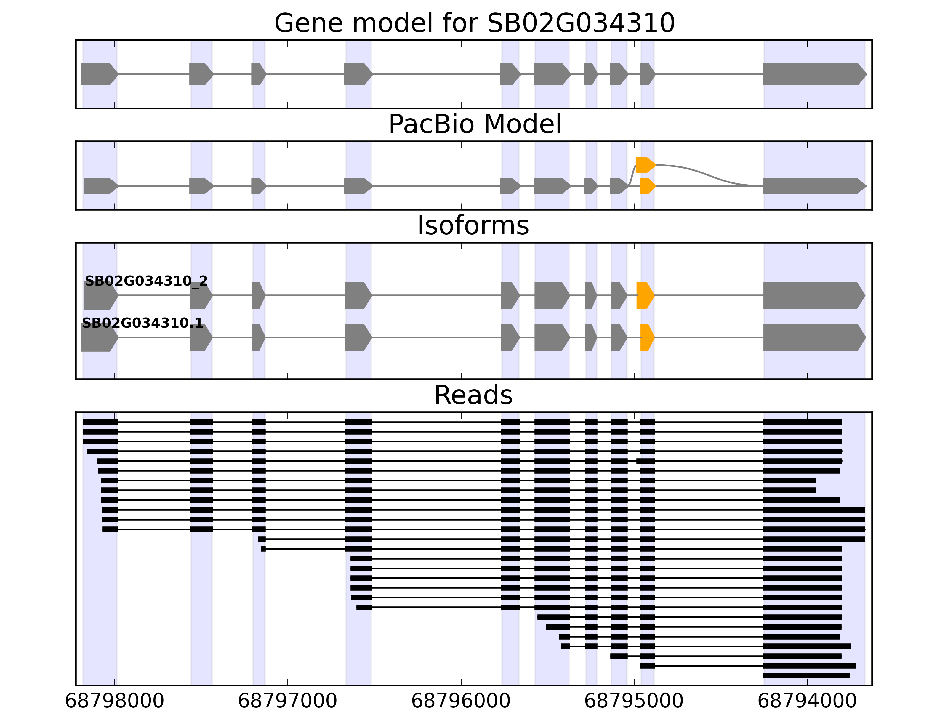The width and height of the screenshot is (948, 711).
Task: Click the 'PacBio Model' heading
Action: click(474, 124)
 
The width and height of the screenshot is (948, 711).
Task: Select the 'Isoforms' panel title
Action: click(473, 225)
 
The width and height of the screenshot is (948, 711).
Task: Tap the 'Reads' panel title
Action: click(473, 395)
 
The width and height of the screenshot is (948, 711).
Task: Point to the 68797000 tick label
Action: click(288, 701)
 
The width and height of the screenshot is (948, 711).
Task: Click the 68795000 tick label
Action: click(634, 701)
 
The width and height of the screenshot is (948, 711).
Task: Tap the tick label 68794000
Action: click(807, 701)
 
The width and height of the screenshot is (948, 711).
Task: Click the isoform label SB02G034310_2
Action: click(146, 281)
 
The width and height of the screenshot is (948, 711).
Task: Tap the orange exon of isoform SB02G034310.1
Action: click(647, 337)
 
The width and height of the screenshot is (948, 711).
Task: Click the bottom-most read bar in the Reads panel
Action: click(806, 675)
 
